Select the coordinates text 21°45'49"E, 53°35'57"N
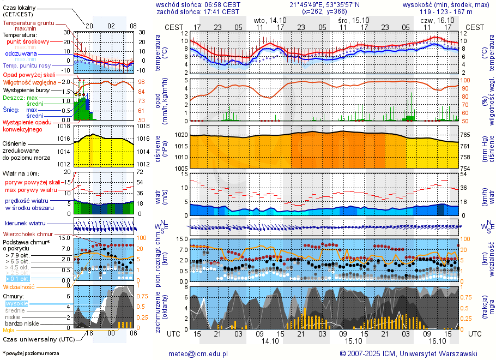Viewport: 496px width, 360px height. pyautogui.click(x=325, y=4)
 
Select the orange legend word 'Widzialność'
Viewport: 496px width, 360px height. pyautogui.click(x=19, y=286)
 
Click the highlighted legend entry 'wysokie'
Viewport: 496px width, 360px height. pyautogui.click(x=16, y=303)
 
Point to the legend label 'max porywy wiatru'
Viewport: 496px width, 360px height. pyautogui.click(x=31, y=190)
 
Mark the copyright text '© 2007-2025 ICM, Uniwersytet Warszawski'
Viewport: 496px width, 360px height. pyautogui.click(x=408, y=353)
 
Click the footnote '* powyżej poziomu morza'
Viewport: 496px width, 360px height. pyautogui.click(x=31, y=353)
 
